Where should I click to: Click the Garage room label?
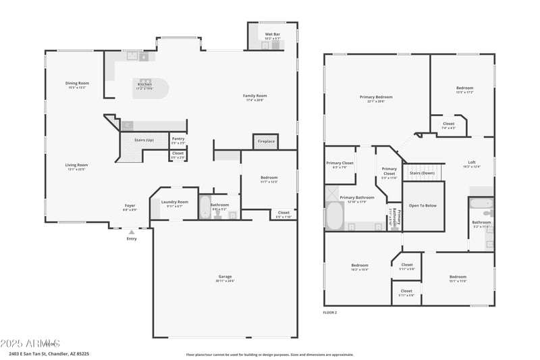coord(225,276)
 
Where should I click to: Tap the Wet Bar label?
coord(272,34)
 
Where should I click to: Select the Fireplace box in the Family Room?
coord(266,141)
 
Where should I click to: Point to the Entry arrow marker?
coord(132,232)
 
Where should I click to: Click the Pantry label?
coord(178,139)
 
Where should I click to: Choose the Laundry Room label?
coord(174,202)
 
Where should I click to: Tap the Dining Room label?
coord(78,83)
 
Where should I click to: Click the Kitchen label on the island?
coord(144,84)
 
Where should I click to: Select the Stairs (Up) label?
coord(144,140)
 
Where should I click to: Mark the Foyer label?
coord(130,206)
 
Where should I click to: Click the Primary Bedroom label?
coord(376,97)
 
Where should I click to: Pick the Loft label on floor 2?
coord(472,163)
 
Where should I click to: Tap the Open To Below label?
coord(423,205)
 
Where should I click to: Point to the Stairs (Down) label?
coord(422,173)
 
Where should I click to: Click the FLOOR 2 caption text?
coord(330,313)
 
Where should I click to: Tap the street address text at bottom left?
coord(49,353)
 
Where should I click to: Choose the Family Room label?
coord(255,96)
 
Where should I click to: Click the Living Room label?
coord(76,165)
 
